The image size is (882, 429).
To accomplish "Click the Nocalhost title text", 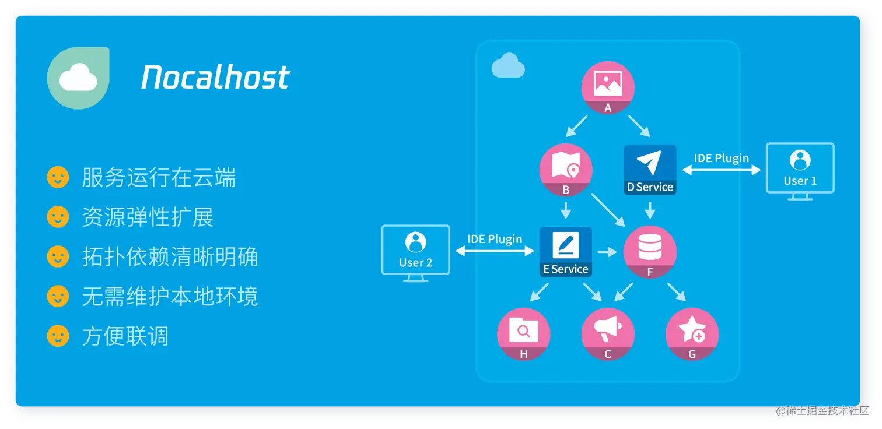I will (x=215, y=78).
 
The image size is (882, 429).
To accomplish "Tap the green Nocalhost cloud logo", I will (x=78, y=78).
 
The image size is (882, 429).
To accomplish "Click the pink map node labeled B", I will (x=566, y=170).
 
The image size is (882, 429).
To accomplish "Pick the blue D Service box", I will (x=650, y=170).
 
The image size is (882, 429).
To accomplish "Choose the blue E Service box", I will (x=565, y=252).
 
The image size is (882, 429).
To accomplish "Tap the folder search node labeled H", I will (x=523, y=334).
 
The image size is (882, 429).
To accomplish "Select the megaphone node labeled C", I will (x=608, y=334).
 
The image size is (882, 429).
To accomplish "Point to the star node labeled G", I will (x=692, y=334).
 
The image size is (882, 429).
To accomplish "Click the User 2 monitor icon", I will (x=415, y=250).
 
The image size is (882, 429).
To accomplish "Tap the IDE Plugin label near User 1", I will (x=721, y=158).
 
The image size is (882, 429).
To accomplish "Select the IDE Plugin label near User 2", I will (x=495, y=239).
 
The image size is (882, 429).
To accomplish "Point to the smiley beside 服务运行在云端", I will (x=58, y=178).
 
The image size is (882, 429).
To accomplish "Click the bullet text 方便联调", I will (x=125, y=336).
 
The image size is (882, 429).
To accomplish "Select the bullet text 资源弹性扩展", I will (x=148, y=217).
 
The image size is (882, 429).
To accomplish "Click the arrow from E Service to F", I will (x=607, y=252).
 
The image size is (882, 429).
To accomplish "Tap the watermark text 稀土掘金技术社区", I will (x=826, y=410).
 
